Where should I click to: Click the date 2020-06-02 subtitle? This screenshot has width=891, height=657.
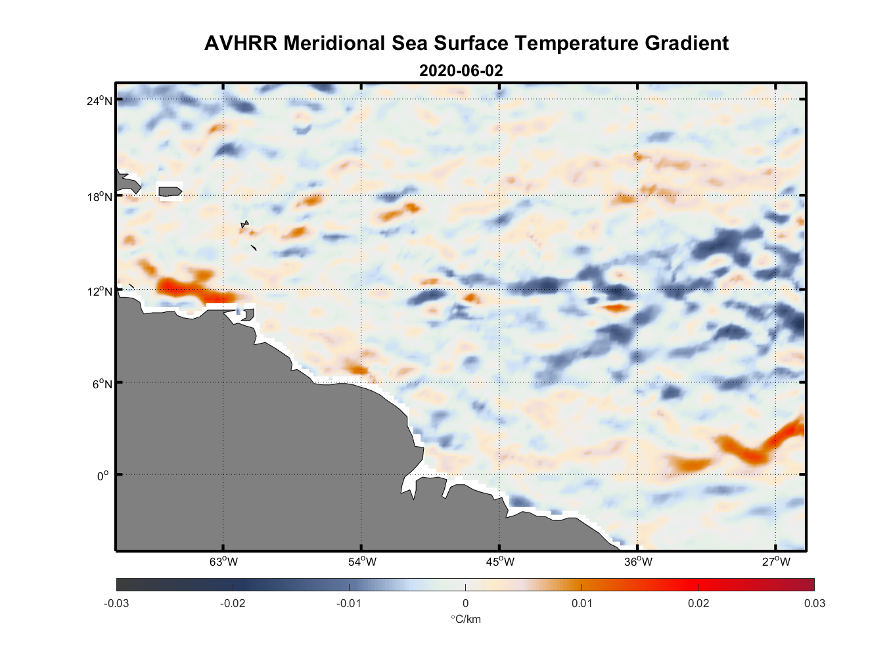[461, 71]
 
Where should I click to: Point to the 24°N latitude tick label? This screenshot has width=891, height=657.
[99, 101]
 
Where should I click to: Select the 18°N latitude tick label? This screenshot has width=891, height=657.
[99, 196]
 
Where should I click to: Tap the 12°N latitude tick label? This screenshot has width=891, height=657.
[99, 291]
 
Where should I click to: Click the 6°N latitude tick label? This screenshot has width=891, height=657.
[102, 384]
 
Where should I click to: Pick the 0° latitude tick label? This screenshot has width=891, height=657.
[103, 476]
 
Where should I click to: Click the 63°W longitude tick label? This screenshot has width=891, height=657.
[223, 562]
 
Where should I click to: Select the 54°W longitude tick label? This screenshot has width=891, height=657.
[362, 562]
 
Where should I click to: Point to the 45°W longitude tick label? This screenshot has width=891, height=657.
[500, 562]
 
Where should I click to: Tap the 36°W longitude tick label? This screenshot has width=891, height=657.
[638, 562]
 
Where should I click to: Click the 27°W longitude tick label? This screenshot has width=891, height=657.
[776, 562]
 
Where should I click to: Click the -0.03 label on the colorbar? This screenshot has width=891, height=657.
[116, 603]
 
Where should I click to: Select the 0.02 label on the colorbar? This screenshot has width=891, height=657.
[698, 603]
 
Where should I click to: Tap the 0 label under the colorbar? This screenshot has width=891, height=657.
[465, 603]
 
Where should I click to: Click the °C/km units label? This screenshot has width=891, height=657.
[465, 619]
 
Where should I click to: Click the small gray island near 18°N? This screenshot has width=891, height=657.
[170, 192]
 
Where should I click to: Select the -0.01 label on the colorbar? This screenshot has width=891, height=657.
[348, 603]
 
